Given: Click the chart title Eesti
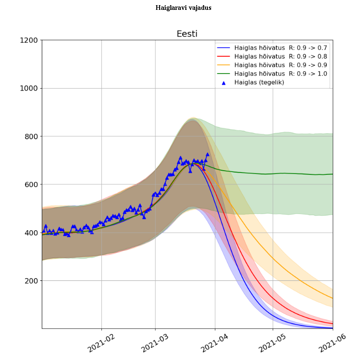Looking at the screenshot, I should pyautogui.click(x=187, y=34).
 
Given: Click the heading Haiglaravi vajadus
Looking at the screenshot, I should pyautogui.click(x=184, y=8).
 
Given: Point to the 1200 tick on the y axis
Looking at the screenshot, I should pyautogui.click(x=29, y=40).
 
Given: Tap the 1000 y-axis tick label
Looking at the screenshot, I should pyautogui.click(x=29, y=88).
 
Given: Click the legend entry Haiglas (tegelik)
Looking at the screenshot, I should pyautogui.click(x=259, y=82).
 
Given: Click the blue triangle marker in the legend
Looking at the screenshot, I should pyautogui.click(x=223, y=83).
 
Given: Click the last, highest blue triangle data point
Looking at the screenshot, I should pyautogui.click(x=207, y=154).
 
